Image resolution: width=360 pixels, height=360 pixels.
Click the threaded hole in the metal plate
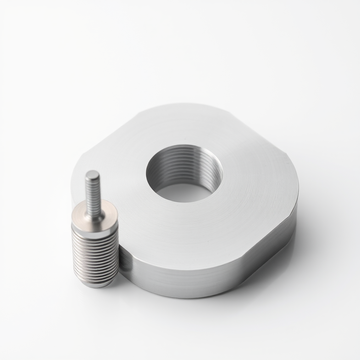184,173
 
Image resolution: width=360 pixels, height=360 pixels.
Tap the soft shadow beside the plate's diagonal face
299,253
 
